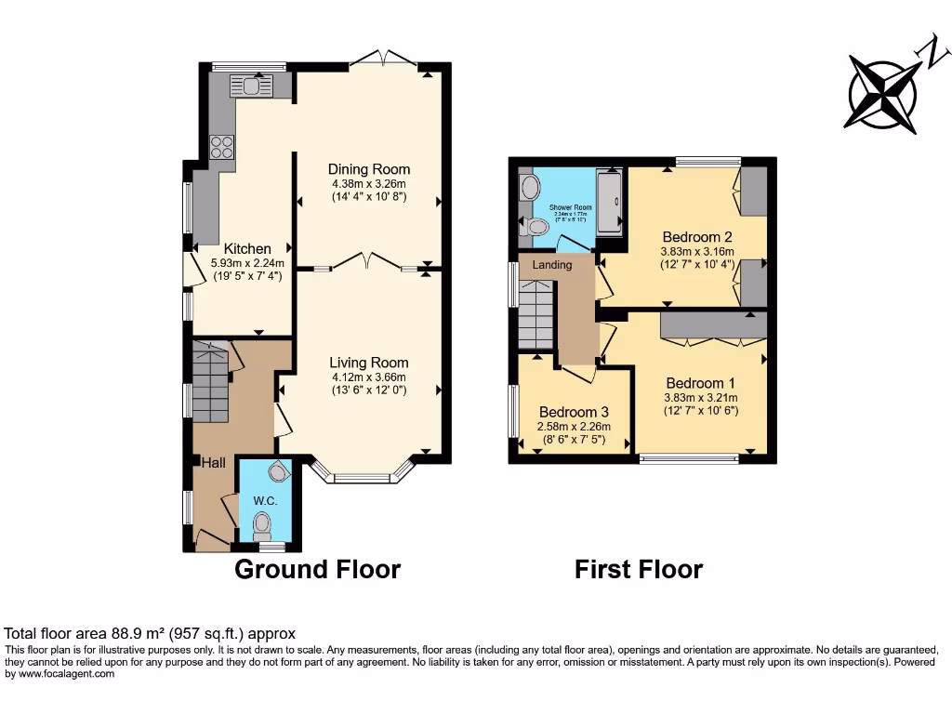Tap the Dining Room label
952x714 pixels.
(x=368, y=169)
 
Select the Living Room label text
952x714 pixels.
(x=368, y=363)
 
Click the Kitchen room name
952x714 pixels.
(x=247, y=249)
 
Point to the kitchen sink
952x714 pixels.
(x=251, y=86)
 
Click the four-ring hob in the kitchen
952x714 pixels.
(x=222, y=146)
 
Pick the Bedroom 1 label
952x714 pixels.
(x=700, y=383)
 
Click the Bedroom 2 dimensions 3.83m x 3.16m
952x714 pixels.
(x=697, y=251)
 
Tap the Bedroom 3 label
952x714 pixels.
(x=574, y=413)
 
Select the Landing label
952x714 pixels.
(x=551, y=265)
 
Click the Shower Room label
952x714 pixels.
(x=570, y=207)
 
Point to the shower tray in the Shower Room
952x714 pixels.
(x=610, y=202)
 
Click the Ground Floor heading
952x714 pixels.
(x=317, y=569)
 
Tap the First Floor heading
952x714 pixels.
(x=639, y=569)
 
